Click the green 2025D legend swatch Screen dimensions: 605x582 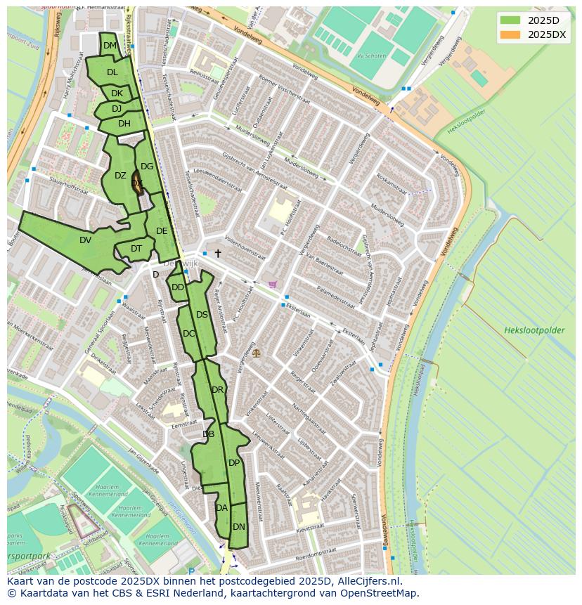click(x=510, y=20)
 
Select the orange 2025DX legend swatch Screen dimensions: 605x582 click(x=510, y=34)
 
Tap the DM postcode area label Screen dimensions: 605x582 click(x=110, y=46)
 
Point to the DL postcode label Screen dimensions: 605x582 click(x=112, y=72)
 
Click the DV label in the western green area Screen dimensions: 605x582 click(x=85, y=240)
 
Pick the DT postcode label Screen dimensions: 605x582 click(x=136, y=249)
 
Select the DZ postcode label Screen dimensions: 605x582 click(x=120, y=176)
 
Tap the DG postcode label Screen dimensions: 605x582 click(x=147, y=167)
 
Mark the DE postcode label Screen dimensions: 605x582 click(x=162, y=231)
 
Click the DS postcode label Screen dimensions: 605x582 click(x=202, y=315)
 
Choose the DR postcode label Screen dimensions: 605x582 click(x=217, y=390)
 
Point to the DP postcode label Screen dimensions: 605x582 click(x=234, y=463)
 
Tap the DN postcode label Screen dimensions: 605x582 click(x=239, y=527)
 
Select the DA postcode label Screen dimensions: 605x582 click(x=222, y=508)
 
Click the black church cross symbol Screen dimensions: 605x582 click(x=218, y=253)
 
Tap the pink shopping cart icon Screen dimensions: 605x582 click(x=273, y=285)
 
